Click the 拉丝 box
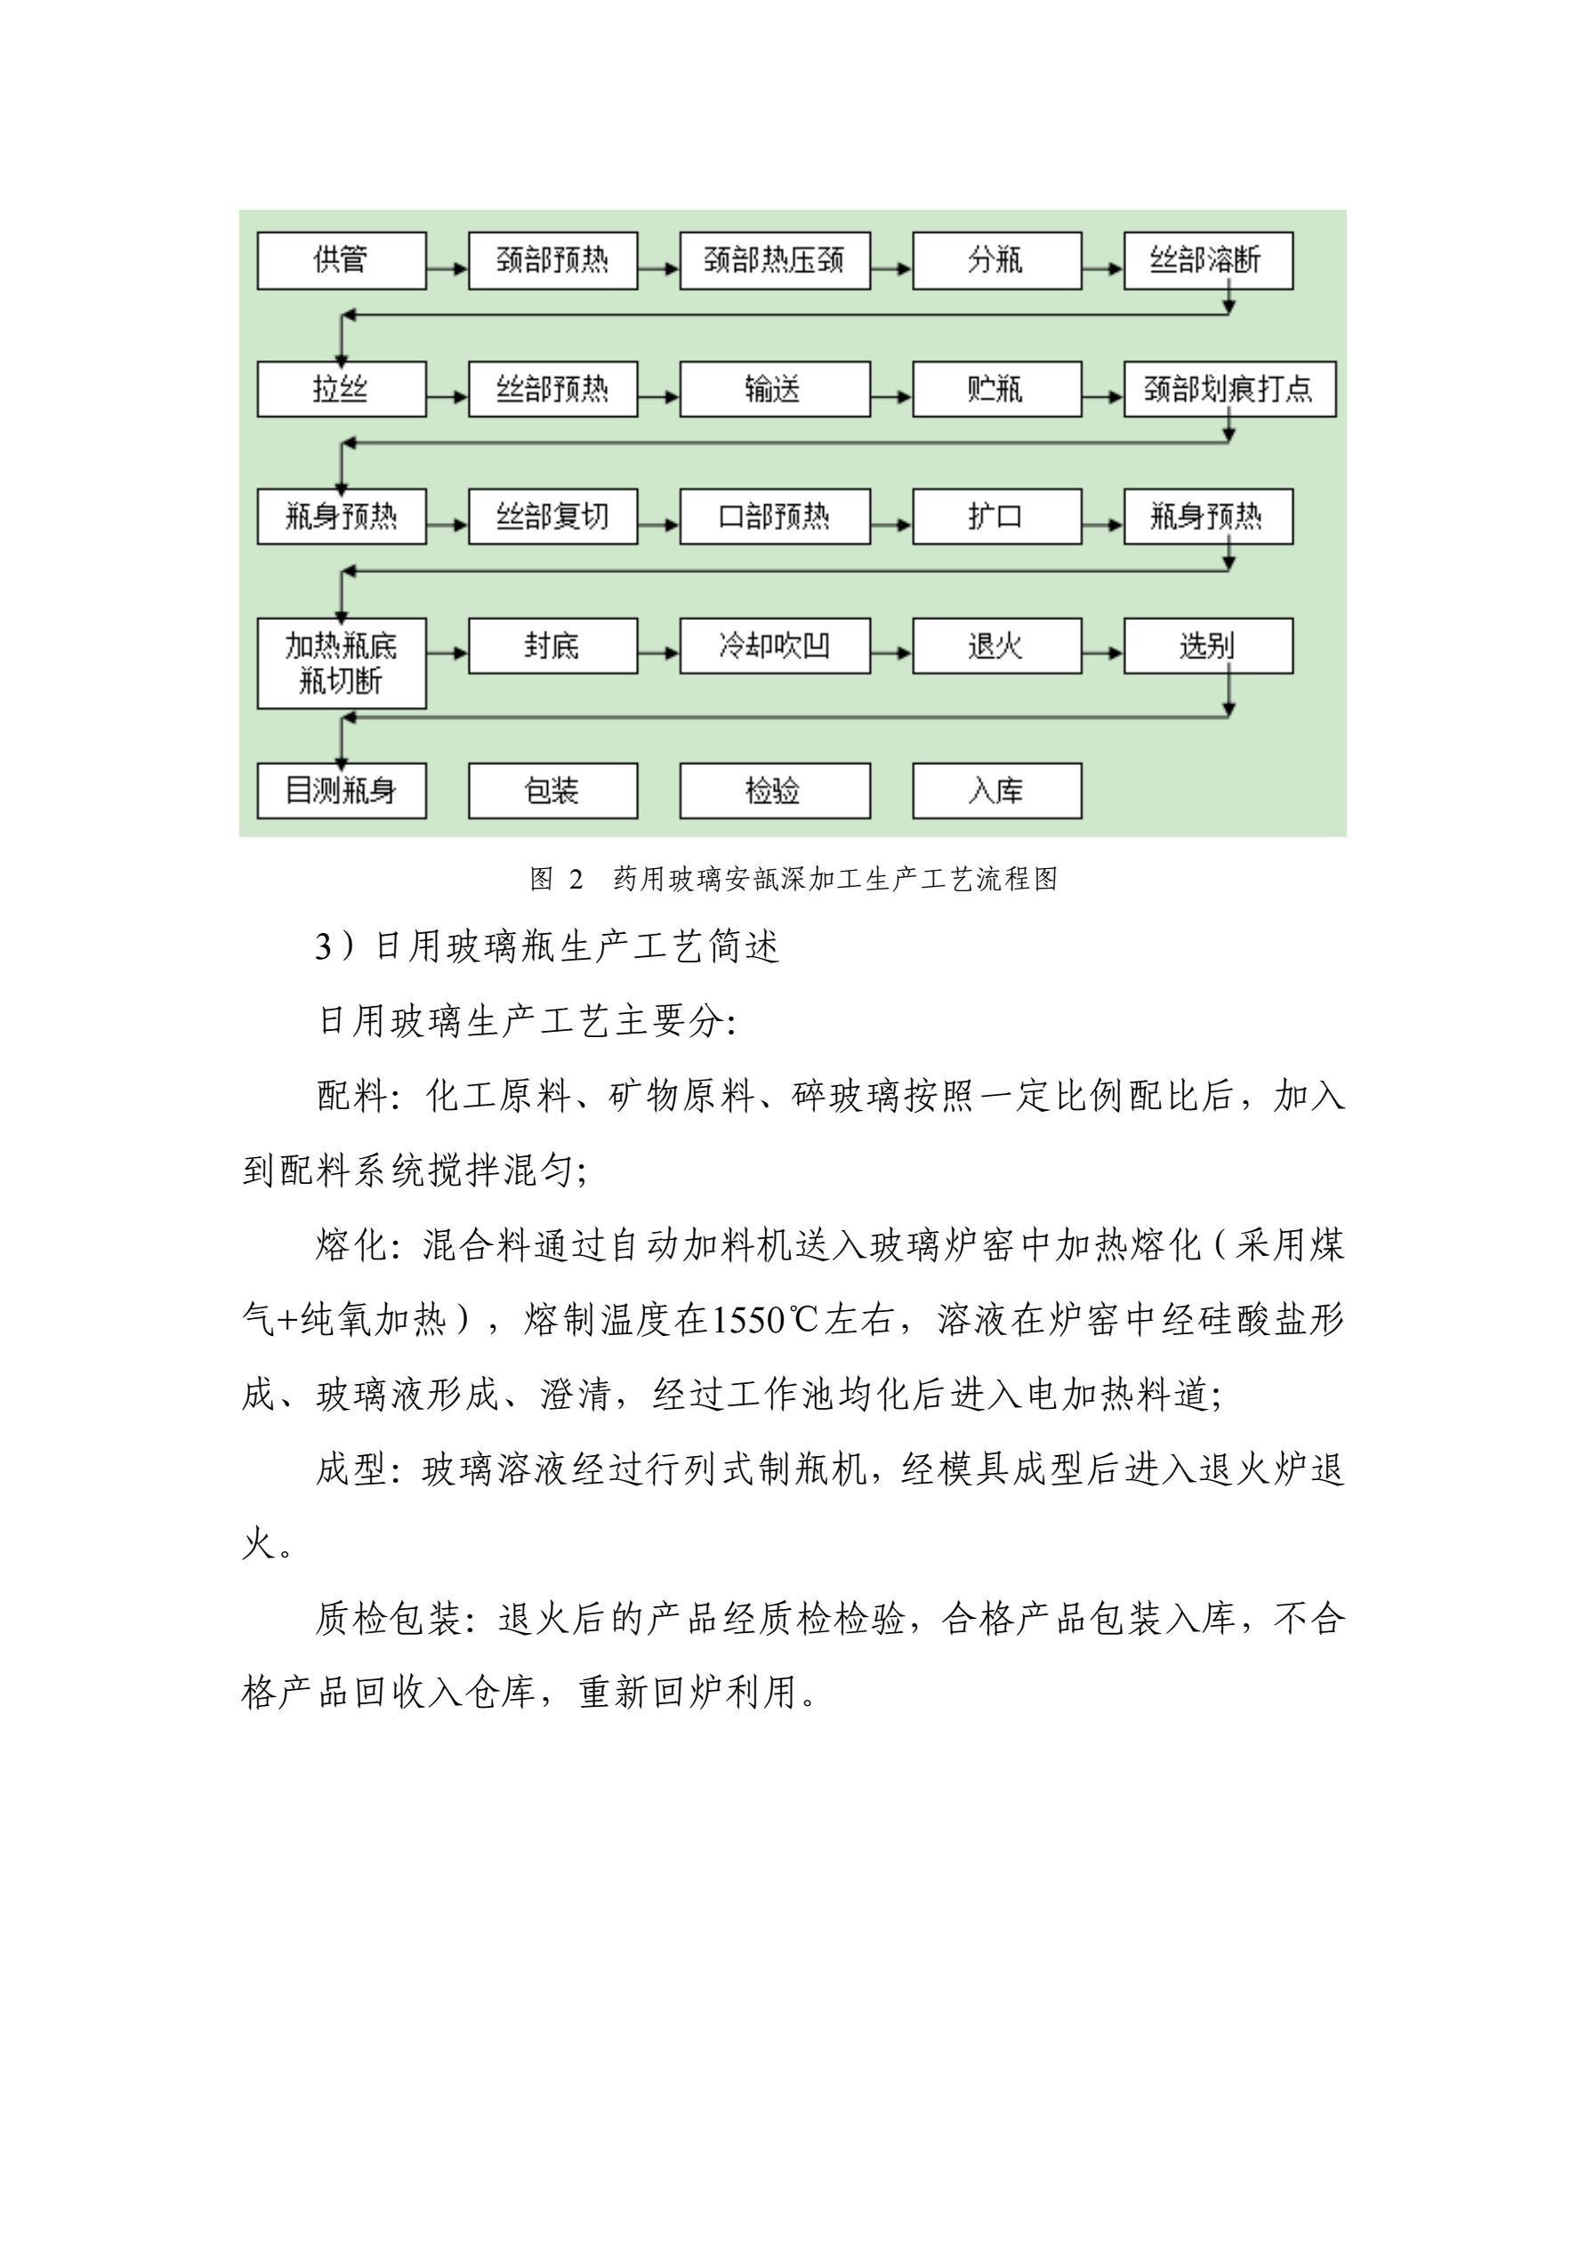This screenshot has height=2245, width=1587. [x=342, y=390]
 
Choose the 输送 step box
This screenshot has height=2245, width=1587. [x=775, y=390]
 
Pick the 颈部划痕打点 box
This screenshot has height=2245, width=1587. [x=1229, y=390]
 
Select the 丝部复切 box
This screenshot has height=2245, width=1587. [x=552, y=516]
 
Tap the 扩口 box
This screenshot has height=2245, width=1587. [x=996, y=516]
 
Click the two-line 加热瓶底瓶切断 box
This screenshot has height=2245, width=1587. [x=342, y=663]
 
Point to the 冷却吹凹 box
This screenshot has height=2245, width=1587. [x=775, y=646]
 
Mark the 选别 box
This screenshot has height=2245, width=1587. [x=1208, y=646]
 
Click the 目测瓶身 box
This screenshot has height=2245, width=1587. [x=342, y=790]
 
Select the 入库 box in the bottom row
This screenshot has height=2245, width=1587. [x=996, y=790]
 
